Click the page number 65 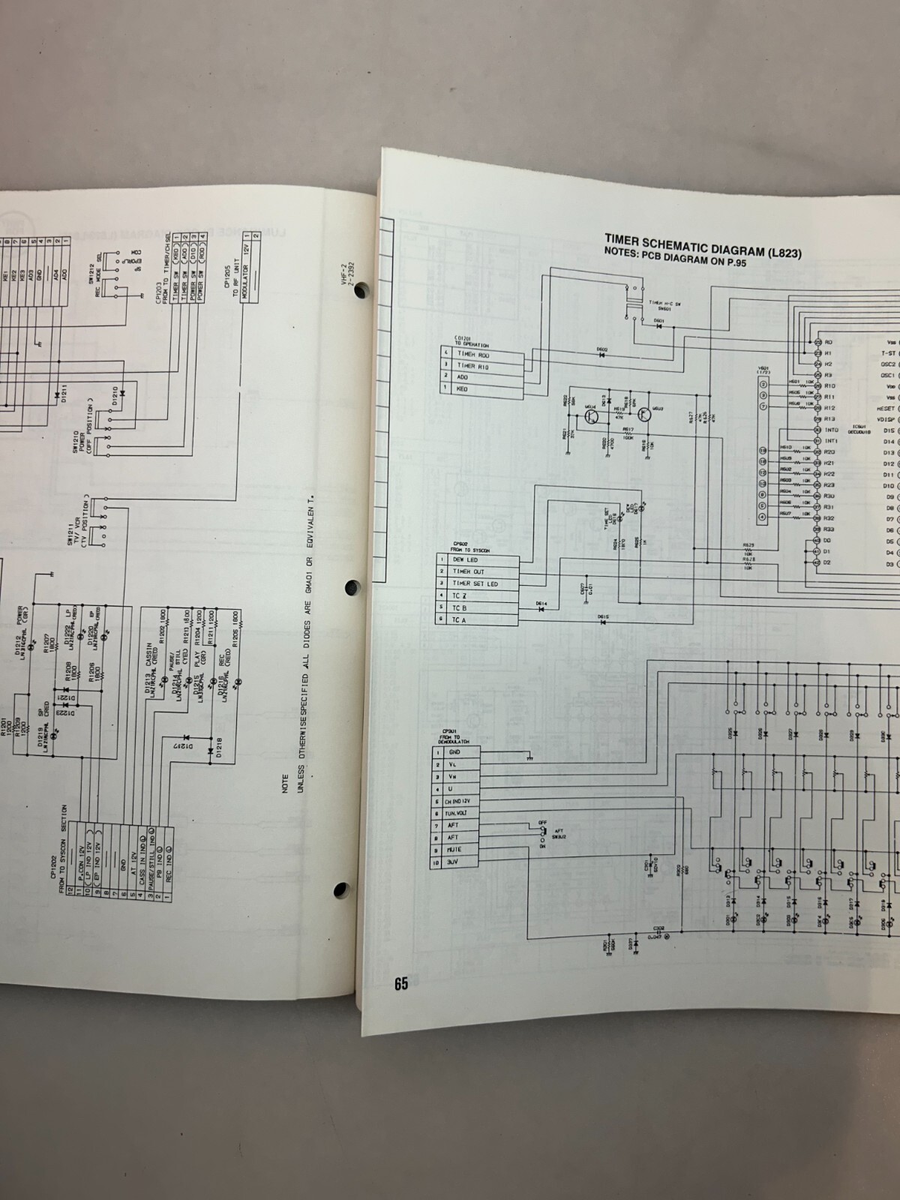pyautogui.click(x=400, y=983)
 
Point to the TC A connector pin pyautogui.click(x=459, y=620)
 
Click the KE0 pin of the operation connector pyautogui.click(x=462, y=389)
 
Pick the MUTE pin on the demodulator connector pyautogui.click(x=454, y=850)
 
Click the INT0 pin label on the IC pyautogui.click(x=831, y=430)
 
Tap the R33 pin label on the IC pyautogui.click(x=829, y=529)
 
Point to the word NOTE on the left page pyautogui.click(x=285, y=784)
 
